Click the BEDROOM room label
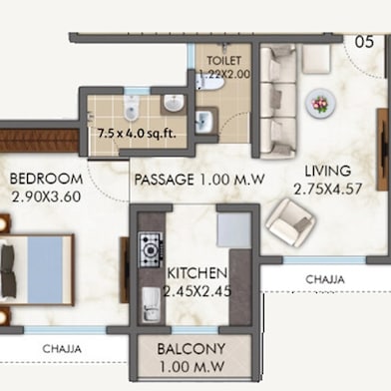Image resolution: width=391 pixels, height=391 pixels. [46, 179]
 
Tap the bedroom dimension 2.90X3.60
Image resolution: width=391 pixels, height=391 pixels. [46, 196]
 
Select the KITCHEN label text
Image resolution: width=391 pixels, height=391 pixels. [197, 273]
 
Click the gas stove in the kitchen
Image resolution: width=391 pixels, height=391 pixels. [151, 249]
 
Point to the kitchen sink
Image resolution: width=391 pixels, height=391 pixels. [152, 304]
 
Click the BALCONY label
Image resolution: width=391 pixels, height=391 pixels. [192, 349]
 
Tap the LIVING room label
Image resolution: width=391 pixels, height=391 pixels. [328, 171]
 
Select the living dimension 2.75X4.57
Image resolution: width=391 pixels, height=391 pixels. [328, 190]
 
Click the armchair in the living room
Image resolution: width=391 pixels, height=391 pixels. [290, 222]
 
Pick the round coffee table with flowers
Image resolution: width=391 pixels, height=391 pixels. [320, 103]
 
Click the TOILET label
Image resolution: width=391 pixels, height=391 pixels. [224, 61]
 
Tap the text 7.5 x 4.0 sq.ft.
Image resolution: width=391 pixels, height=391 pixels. [137, 134]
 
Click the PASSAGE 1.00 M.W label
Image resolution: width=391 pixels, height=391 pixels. [199, 180]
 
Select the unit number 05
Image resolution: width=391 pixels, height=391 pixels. [364, 42]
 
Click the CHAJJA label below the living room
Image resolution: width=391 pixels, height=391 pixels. [325, 279]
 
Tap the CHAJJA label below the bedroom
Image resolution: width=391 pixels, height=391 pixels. [62, 349]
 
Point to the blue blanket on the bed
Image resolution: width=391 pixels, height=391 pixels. [45, 269]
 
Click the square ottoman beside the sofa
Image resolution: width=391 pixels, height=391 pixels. [316, 59]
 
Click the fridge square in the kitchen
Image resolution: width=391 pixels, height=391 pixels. [233, 229]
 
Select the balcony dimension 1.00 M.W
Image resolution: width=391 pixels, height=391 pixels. [192, 367]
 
